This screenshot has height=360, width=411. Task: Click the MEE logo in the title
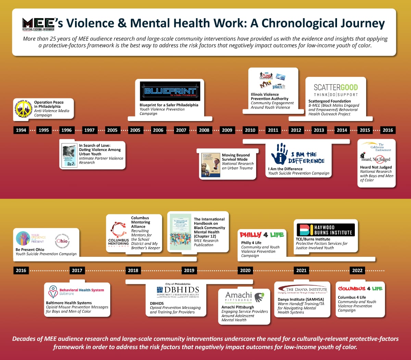(x=38, y=24)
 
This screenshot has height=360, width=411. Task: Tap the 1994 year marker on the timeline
(x=21, y=130)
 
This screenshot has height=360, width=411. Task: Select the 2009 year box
(x=227, y=130)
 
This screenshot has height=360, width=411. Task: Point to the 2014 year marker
(x=342, y=130)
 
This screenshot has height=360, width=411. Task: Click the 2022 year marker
(x=357, y=271)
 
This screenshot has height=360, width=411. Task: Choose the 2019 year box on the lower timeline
(x=189, y=271)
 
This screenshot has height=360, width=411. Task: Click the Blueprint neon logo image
(x=170, y=91)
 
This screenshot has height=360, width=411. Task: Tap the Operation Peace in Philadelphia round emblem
(x=23, y=109)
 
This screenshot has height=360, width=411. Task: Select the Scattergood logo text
(x=336, y=88)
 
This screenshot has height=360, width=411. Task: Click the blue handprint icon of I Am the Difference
(x=279, y=154)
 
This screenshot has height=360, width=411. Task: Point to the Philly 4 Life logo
(x=262, y=235)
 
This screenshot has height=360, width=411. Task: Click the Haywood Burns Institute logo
(x=326, y=230)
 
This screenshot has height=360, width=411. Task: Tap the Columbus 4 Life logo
(x=360, y=289)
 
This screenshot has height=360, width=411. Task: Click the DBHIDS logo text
(x=178, y=291)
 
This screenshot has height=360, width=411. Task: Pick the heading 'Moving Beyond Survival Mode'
(x=236, y=157)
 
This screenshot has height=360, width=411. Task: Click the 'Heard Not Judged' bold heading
(x=376, y=167)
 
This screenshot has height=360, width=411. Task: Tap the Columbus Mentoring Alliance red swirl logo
(x=119, y=229)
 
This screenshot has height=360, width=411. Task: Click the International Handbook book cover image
(x=180, y=232)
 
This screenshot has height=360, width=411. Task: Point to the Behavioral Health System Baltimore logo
(x=76, y=292)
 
